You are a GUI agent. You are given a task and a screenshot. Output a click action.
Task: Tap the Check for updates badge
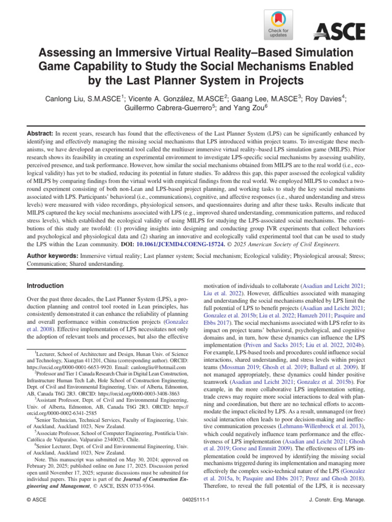pos(278,25)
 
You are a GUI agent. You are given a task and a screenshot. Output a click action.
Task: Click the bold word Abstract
pos(40,132)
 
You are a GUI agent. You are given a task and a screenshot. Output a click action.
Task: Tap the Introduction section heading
pos(45,286)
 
